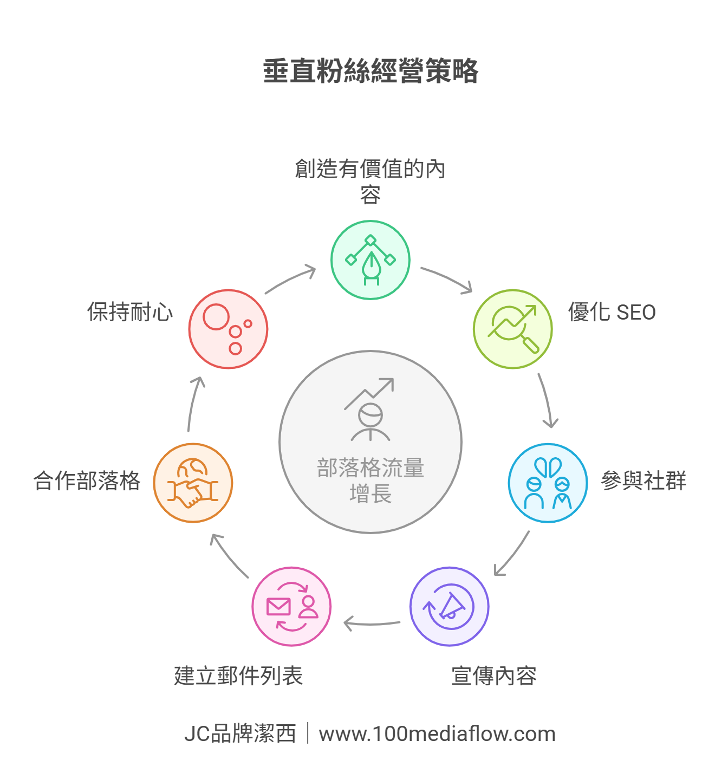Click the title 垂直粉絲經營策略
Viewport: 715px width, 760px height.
click(x=370, y=71)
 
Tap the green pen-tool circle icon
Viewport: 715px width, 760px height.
click(x=370, y=260)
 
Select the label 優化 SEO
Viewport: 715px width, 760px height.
click(x=612, y=313)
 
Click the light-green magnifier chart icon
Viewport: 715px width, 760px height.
click(x=512, y=329)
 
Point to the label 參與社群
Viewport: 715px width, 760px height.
click(x=643, y=481)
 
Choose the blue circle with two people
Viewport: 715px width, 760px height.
click(x=548, y=483)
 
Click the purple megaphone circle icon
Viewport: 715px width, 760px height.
click(x=449, y=606)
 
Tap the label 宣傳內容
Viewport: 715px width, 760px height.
click(x=493, y=676)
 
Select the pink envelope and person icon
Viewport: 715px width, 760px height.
click(x=291, y=606)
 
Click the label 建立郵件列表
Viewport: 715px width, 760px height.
click(x=238, y=676)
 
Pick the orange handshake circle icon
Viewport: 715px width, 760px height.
click(x=193, y=483)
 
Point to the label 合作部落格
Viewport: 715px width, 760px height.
click(x=87, y=481)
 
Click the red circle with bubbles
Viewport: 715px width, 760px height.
click(x=228, y=329)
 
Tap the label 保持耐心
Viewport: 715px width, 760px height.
click(x=130, y=313)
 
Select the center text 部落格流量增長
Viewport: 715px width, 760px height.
click(x=370, y=480)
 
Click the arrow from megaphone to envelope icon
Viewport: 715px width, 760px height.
click(x=372, y=624)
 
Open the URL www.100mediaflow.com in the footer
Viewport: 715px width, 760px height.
click(x=437, y=734)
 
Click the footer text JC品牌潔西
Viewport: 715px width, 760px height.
click(x=240, y=734)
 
